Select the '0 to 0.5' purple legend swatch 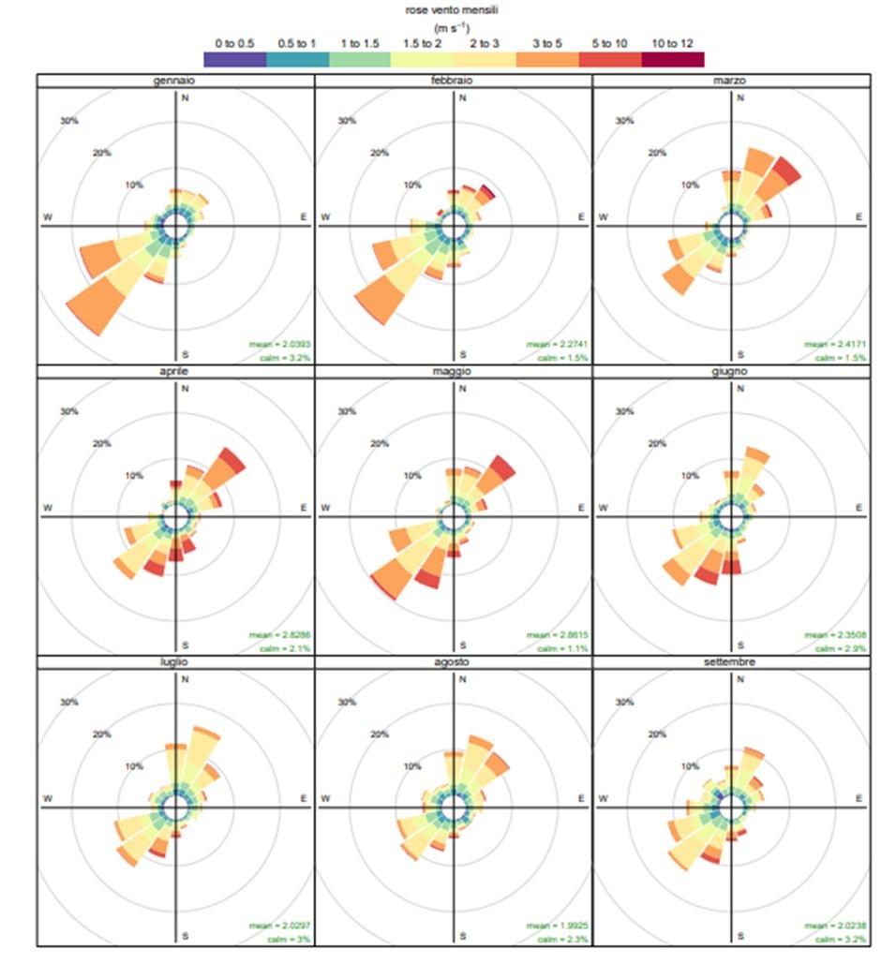coord(234,60)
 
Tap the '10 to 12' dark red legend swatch coord(672,60)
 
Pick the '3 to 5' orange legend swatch coord(547,60)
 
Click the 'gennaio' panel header coord(175,82)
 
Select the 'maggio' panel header coord(453,372)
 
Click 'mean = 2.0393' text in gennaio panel coord(279,345)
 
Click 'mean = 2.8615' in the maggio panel coord(557,635)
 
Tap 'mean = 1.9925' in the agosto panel coord(557,926)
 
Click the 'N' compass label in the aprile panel coord(185,389)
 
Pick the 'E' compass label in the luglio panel coord(304,798)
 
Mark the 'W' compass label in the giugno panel coord(602,508)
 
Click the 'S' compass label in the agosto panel coord(463,934)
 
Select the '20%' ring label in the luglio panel coord(98,734)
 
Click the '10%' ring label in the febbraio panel coord(412,185)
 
